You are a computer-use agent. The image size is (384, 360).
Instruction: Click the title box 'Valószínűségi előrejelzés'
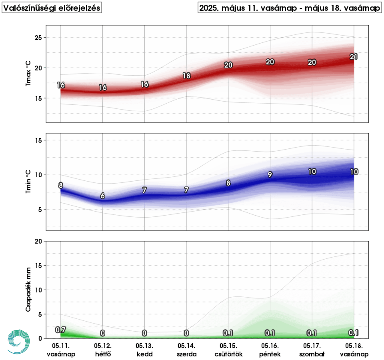click(x=52, y=8)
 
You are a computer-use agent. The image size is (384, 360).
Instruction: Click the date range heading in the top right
click(x=290, y=8)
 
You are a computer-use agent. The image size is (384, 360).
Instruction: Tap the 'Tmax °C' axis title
click(x=28, y=74)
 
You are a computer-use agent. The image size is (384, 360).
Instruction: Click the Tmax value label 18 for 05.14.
click(x=186, y=76)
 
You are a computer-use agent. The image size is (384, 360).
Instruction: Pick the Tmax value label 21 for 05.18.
click(x=354, y=57)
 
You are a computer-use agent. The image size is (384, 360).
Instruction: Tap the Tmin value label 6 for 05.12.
click(x=103, y=196)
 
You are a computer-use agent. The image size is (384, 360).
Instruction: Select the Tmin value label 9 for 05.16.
click(x=270, y=175)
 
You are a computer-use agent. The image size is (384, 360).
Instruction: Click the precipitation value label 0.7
click(x=60, y=330)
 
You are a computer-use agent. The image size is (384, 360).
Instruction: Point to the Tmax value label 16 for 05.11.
click(x=61, y=85)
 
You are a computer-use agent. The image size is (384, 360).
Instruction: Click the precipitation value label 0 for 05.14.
click(x=186, y=333)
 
